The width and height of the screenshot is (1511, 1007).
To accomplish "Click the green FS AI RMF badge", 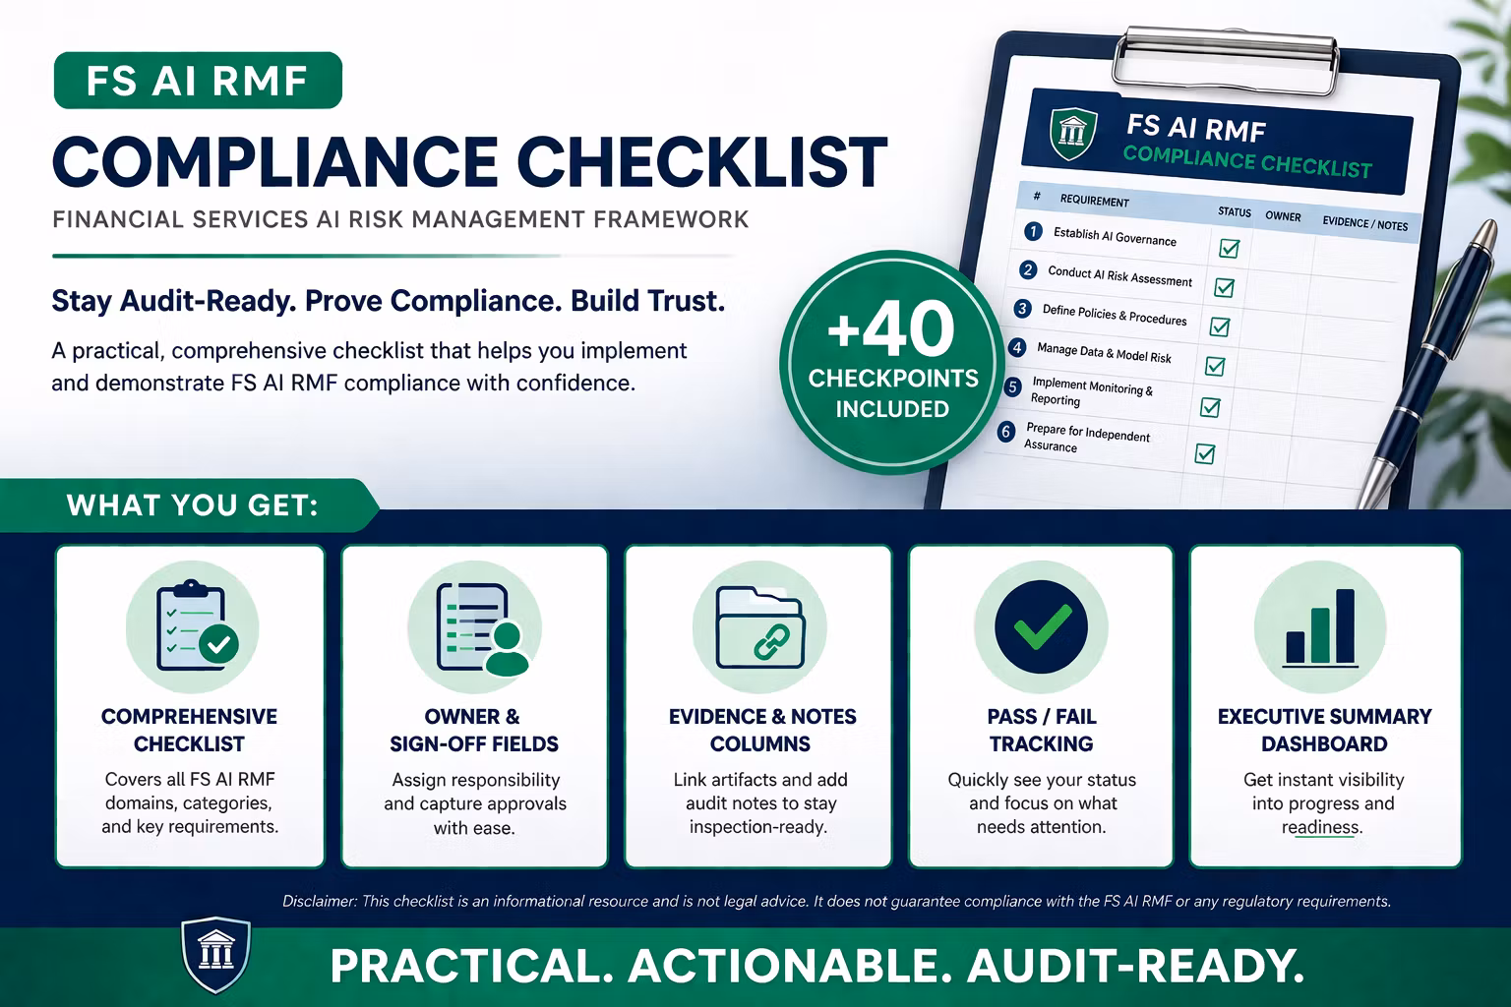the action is tap(198, 81).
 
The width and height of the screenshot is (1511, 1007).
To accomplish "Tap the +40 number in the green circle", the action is tap(891, 329).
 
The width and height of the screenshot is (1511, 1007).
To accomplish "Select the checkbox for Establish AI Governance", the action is tap(1229, 248).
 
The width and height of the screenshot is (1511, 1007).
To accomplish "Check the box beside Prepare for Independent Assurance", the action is tap(1205, 453).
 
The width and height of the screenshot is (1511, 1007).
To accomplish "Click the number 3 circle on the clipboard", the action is tap(1023, 309).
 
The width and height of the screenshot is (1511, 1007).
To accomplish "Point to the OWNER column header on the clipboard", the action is tap(1283, 216).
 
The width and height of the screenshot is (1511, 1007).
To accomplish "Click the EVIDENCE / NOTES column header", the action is tap(1364, 224).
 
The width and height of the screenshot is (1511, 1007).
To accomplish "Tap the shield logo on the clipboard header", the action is tap(1072, 133).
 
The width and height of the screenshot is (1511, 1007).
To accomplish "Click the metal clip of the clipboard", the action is tap(1225, 59).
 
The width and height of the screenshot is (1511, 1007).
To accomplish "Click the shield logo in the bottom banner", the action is tap(215, 954).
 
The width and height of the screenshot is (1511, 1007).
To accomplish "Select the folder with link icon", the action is tap(760, 627).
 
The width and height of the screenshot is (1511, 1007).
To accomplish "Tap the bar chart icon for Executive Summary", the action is tap(1320, 627).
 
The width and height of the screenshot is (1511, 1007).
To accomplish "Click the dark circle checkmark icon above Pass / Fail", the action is tap(1041, 626).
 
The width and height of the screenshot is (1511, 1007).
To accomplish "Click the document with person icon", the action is tap(482, 628).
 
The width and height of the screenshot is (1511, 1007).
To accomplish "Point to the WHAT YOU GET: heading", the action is tap(192, 505).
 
